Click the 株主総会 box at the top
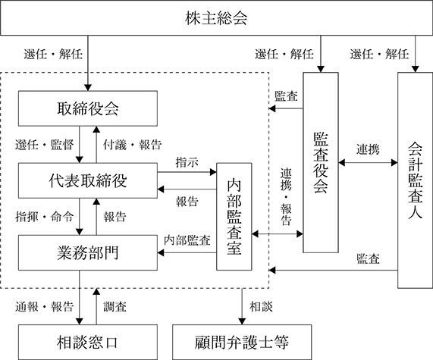coord(217,17)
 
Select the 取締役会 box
coord(88,108)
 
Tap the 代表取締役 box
coord(88,180)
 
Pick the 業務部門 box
coord(88,252)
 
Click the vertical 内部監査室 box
coord(234,217)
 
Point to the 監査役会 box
coord(321,163)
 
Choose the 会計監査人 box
coord(415,180)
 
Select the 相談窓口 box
coord(88,343)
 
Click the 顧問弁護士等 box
coord(242,343)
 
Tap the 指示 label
coord(187,162)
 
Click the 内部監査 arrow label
coord(187,240)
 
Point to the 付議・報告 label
coord(132,145)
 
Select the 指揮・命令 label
coord(45,217)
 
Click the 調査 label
coord(115,306)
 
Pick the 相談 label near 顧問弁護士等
coord(261,306)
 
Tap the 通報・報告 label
coord(45,306)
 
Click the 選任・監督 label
coord(45,145)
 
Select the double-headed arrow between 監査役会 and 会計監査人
coord(368,163)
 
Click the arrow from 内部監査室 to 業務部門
coord(187,252)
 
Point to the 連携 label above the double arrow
coord(368,149)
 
